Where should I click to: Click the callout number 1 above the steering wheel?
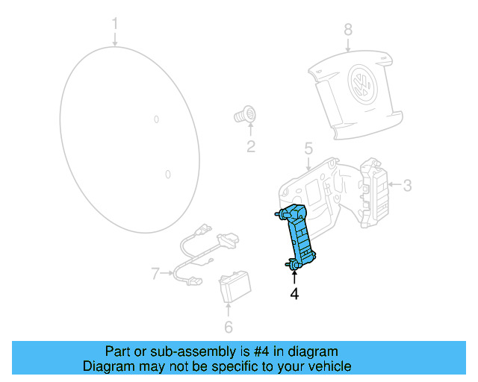point(115,25)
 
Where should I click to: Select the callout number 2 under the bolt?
point(250,146)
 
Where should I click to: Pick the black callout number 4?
point(294,295)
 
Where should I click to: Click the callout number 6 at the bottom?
point(229,327)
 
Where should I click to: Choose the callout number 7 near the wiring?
point(155,274)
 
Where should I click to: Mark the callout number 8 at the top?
point(347,30)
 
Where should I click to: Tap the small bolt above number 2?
point(245,116)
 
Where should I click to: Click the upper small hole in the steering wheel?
point(156,119)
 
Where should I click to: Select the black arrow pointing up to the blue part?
point(294,275)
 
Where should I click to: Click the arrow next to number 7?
point(168,274)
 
